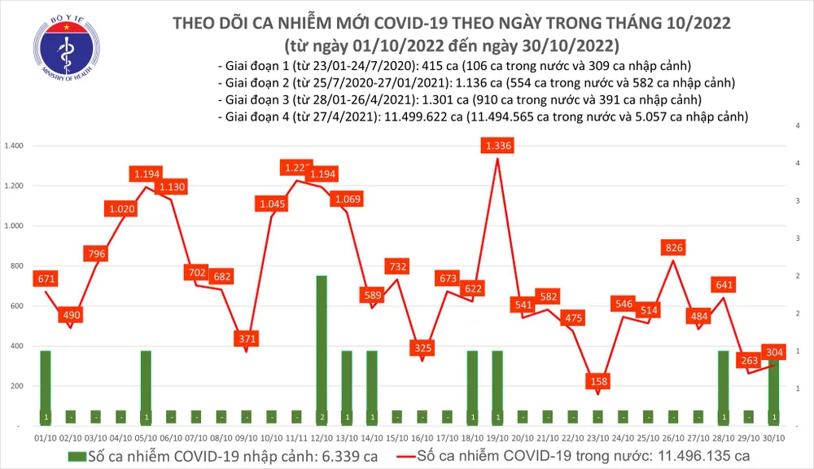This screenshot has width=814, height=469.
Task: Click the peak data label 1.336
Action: [x=497, y=147]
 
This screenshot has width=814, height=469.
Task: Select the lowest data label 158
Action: [x=598, y=381]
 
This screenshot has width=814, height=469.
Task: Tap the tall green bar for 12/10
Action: [x=322, y=350]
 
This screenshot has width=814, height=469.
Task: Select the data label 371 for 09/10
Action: [x=247, y=338]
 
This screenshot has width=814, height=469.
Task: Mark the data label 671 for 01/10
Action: [x=46, y=279]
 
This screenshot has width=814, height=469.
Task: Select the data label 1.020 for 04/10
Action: [x=121, y=209]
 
